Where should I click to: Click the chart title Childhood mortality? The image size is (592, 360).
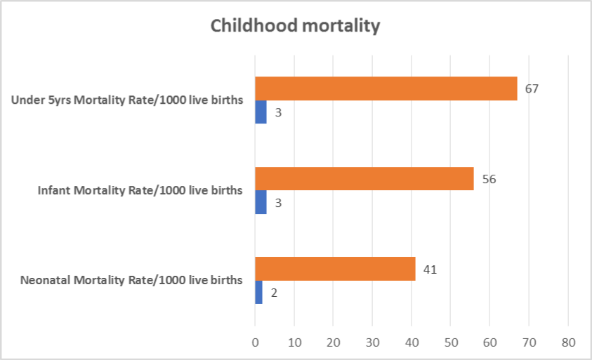point(296,27)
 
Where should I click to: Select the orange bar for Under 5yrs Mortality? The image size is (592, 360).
point(386,88)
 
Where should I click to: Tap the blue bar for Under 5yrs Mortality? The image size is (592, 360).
point(261,112)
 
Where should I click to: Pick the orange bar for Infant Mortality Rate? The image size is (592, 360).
point(364,179)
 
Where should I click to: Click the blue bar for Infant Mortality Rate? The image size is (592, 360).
point(261,203)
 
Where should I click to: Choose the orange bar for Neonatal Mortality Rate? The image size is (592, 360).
point(335,269)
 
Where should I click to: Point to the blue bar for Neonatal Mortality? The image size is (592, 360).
point(258,293)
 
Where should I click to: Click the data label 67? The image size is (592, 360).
point(531,89)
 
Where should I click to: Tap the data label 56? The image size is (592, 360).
point(488,179)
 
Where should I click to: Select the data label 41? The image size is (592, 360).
point(430,269)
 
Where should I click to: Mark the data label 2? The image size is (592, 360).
point(274,293)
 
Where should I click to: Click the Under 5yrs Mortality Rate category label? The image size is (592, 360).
point(127,100)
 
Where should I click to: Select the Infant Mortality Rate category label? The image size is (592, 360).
point(140,190)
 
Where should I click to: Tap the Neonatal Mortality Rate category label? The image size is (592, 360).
point(131,280)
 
